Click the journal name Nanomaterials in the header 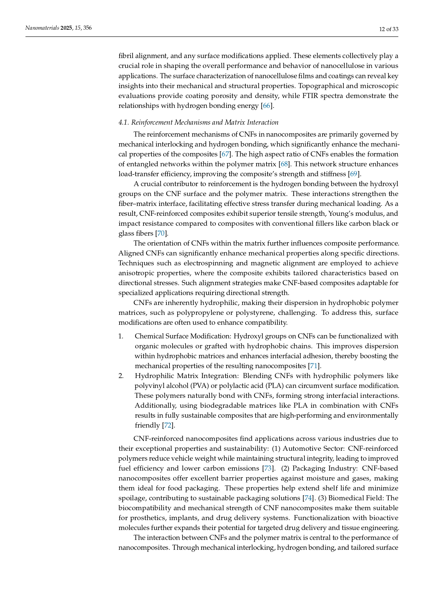point(42,28)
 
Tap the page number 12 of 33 point(389,29)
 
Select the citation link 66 point(266,106)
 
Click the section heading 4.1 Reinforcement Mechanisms point(198,122)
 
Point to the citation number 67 point(225,154)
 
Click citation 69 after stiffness point(353,174)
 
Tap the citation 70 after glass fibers point(161,233)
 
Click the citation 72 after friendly point(167,425)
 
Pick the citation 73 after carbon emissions point(268,468)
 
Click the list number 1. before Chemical point(121,336)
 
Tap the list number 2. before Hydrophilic point(121,376)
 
